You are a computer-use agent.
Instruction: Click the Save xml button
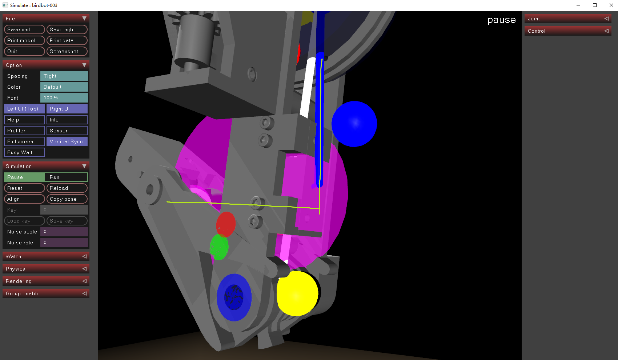point(24,29)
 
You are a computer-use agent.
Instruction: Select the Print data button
point(67,40)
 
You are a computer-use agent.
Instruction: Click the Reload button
point(67,188)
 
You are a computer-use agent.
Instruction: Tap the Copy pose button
point(67,199)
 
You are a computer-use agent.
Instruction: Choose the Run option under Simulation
point(67,177)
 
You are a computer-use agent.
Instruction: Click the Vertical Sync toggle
point(67,141)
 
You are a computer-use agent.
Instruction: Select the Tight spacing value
point(64,76)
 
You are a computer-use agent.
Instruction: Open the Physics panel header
point(46,269)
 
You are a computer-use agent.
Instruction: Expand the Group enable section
point(46,293)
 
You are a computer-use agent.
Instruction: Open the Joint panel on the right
point(567,19)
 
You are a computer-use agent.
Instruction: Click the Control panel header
point(567,31)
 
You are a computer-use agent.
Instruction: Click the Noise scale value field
point(64,232)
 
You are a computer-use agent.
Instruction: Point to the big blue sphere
point(354,124)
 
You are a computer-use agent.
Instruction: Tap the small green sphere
point(219,247)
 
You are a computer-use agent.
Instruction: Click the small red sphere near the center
point(226,224)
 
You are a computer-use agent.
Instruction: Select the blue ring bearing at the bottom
point(234,297)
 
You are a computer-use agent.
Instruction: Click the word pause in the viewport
point(501,20)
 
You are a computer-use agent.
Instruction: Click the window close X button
point(611,5)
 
